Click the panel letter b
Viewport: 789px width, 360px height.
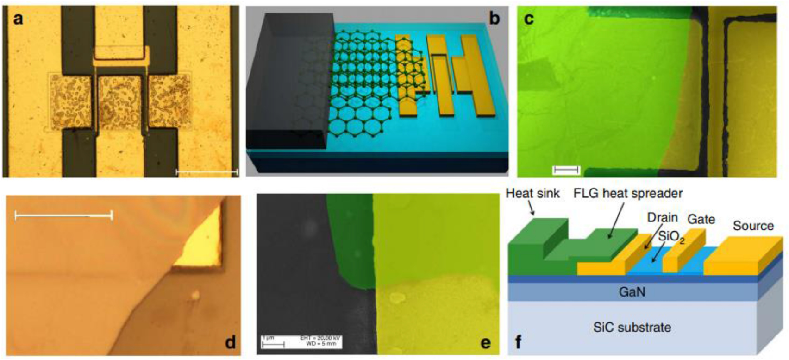tap(494, 19)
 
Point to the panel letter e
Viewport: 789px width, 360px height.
tap(486, 342)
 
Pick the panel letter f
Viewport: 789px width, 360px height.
tap(519, 342)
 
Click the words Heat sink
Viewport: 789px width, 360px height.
tap(532, 193)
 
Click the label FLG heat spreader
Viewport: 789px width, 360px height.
tap(628, 193)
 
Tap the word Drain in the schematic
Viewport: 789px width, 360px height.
tap(663, 217)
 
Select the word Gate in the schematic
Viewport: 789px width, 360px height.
tap(701, 219)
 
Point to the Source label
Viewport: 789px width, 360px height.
tap(753, 226)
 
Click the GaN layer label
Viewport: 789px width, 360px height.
tap(632, 292)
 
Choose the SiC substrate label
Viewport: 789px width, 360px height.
tap(632, 327)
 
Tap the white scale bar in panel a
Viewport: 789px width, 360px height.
tap(207, 172)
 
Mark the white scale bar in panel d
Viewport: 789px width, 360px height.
tap(63, 215)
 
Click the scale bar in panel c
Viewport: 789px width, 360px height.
tap(566, 170)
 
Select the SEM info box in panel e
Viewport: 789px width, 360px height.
tap(301, 341)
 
